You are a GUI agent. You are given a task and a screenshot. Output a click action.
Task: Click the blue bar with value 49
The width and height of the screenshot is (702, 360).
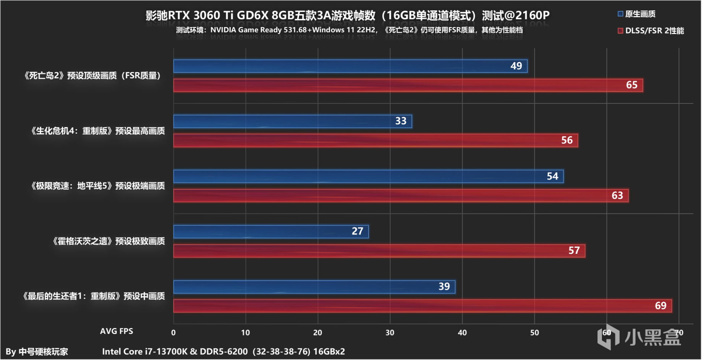point(350,66)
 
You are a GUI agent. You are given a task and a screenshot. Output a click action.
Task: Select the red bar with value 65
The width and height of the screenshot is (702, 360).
point(408,85)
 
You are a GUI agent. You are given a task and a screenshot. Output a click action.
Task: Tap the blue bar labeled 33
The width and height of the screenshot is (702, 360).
point(293,121)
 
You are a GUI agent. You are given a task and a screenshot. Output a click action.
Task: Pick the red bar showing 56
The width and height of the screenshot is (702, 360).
point(375,140)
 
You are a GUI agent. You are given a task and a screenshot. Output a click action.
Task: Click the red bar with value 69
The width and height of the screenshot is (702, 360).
point(422,306)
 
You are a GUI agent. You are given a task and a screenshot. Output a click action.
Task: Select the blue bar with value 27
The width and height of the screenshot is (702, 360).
point(271,231)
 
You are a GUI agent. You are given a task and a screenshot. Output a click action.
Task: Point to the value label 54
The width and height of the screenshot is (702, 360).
point(552,176)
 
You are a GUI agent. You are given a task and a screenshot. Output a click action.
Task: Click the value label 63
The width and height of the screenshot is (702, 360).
point(617,195)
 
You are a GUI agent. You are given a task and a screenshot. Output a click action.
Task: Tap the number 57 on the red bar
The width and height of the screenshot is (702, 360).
point(574,250)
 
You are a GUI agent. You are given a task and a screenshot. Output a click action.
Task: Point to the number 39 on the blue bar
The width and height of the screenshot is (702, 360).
point(444,287)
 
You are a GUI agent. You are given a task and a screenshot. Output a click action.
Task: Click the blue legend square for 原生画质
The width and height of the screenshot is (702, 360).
point(620,14)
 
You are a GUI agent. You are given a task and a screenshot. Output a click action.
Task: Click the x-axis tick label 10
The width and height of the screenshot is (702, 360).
point(245,333)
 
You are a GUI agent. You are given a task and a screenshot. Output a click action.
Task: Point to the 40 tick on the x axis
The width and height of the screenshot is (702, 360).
point(462,333)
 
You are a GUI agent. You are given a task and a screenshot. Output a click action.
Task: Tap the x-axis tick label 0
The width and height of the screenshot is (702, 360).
point(173,333)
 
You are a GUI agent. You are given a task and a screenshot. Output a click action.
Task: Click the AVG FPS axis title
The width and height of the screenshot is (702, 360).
point(116,331)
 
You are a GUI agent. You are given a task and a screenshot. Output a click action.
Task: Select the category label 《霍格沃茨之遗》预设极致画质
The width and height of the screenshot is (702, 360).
point(109,241)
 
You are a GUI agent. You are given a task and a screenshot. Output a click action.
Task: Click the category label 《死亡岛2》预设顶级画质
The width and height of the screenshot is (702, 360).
point(92,76)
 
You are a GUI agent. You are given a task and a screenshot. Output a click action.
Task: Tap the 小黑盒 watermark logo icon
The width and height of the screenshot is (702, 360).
point(608,336)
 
